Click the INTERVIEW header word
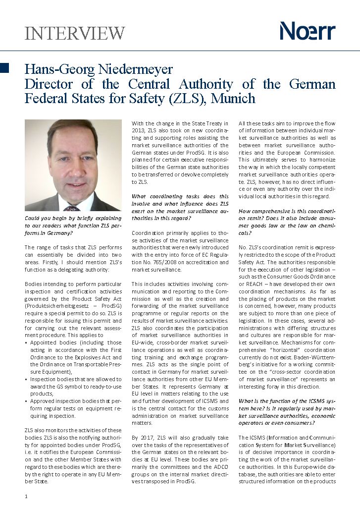pos(75,33)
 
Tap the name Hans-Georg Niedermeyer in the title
pos(99,69)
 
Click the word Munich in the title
pos(233,98)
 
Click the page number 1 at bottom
pos(26,496)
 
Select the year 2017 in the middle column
pos(149,438)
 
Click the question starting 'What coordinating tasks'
pos(180,203)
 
